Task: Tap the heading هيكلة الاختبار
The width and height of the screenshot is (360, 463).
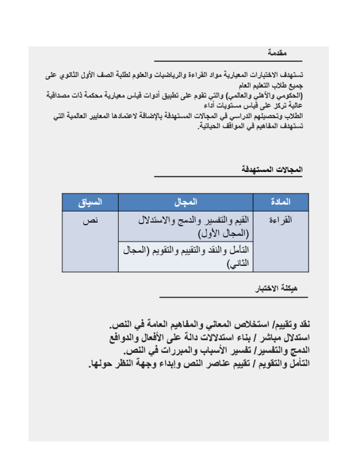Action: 278,288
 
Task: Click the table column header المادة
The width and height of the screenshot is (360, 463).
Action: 280,202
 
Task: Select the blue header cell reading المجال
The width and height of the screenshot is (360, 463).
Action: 186,202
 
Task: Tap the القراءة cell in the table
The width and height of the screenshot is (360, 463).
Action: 280,221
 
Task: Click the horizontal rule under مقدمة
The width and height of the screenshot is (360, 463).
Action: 228,61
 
